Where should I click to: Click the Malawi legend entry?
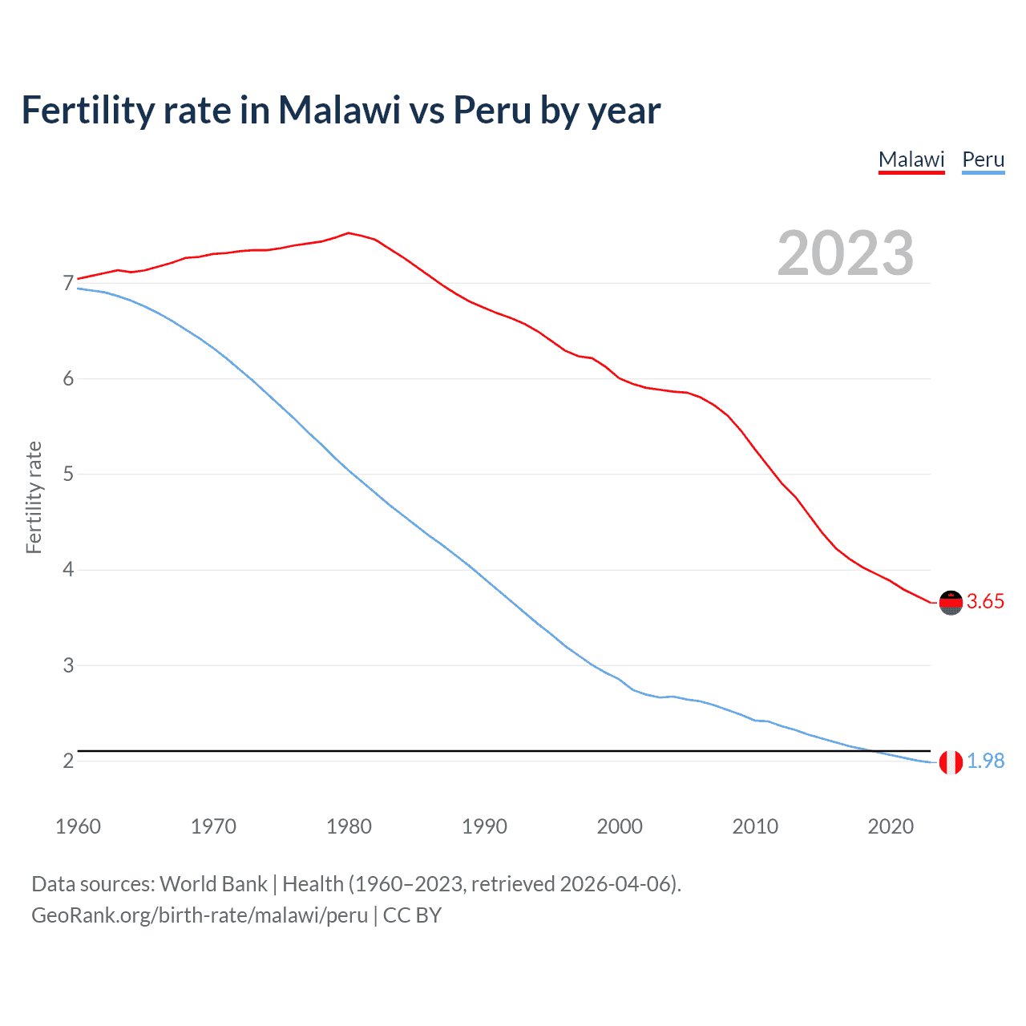click(x=911, y=160)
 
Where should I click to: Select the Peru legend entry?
click(x=983, y=160)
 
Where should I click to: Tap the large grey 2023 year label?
click(x=845, y=253)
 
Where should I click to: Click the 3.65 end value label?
click(x=985, y=602)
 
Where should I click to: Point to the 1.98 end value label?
click(x=985, y=761)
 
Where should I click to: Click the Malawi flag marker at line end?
click(x=951, y=602)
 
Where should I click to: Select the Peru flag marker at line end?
click(x=951, y=762)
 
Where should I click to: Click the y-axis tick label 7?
click(x=68, y=283)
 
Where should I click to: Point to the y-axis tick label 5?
click(x=68, y=475)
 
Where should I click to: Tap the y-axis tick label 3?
click(x=68, y=665)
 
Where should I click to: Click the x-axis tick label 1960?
click(x=78, y=826)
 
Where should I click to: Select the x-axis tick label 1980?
click(x=349, y=826)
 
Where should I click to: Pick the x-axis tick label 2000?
click(x=620, y=826)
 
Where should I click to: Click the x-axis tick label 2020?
click(x=891, y=826)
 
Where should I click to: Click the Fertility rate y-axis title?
click(x=34, y=497)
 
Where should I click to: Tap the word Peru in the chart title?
click(x=492, y=110)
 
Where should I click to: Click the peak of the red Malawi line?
click(x=348, y=233)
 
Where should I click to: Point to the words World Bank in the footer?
click(x=213, y=884)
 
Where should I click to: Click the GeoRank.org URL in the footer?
click(x=200, y=915)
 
